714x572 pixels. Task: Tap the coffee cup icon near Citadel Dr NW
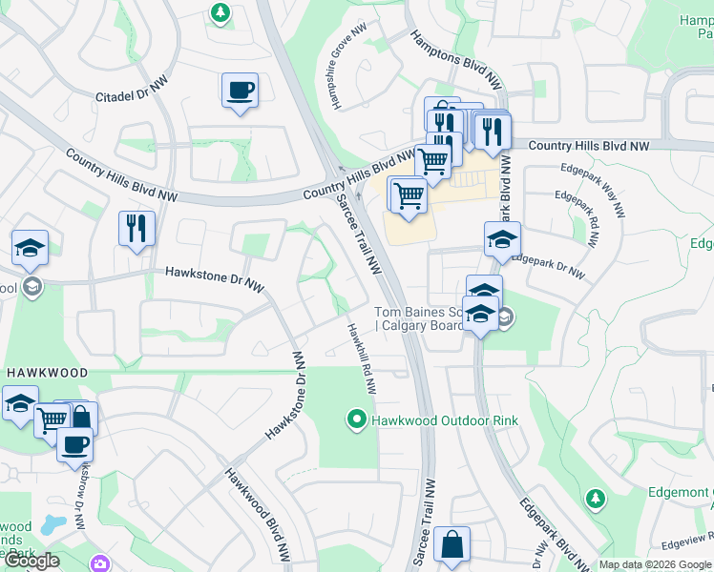pyautogui.click(x=239, y=92)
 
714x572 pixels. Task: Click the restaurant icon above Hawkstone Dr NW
pyautogui.click(x=136, y=228)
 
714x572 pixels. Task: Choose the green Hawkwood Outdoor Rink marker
pyautogui.click(x=357, y=419)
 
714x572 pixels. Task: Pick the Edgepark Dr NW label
pyautogui.click(x=548, y=265)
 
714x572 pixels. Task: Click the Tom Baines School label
pyautogui.click(x=420, y=318)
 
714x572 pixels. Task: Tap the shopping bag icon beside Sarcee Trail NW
pyautogui.click(x=451, y=545)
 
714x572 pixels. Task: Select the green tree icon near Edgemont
pyautogui.click(x=596, y=499)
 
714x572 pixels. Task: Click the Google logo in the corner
pyautogui.click(x=32, y=561)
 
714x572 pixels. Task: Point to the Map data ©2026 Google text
pyautogui.click(x=654, y=564)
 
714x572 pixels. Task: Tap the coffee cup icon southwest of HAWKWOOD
pyautogui.click(x=74, y=444)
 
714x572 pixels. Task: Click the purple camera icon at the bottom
pyautogui.click(x=100, y=564)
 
